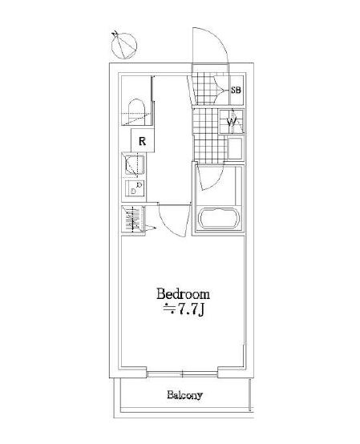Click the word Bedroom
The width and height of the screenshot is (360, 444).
point(184,294)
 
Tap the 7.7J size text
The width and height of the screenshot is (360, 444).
point(184,311)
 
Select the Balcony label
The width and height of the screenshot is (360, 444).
point(184,395)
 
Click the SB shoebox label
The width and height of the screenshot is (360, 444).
point(236,91)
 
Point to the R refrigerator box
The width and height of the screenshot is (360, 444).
point(143,141)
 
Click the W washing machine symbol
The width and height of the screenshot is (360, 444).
point(232,122)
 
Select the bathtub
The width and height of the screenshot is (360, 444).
point(220,218)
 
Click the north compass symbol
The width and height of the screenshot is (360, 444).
point(123,45)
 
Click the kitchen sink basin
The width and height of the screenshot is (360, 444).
point(135,165)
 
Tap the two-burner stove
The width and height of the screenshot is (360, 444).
point(135,188)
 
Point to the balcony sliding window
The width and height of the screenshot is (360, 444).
point(183,373)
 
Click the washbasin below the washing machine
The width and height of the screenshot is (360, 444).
point(235,148)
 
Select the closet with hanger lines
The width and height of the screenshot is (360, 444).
point(133,219)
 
